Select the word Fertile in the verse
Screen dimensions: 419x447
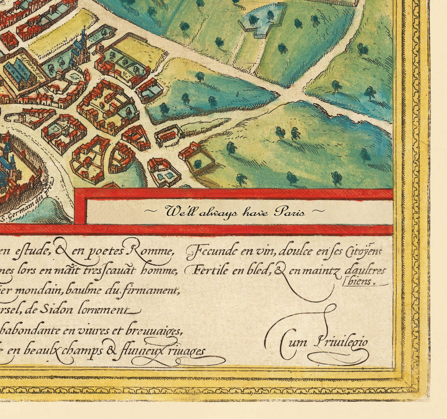coord(202,271)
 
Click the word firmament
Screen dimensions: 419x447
coord(154,289)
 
